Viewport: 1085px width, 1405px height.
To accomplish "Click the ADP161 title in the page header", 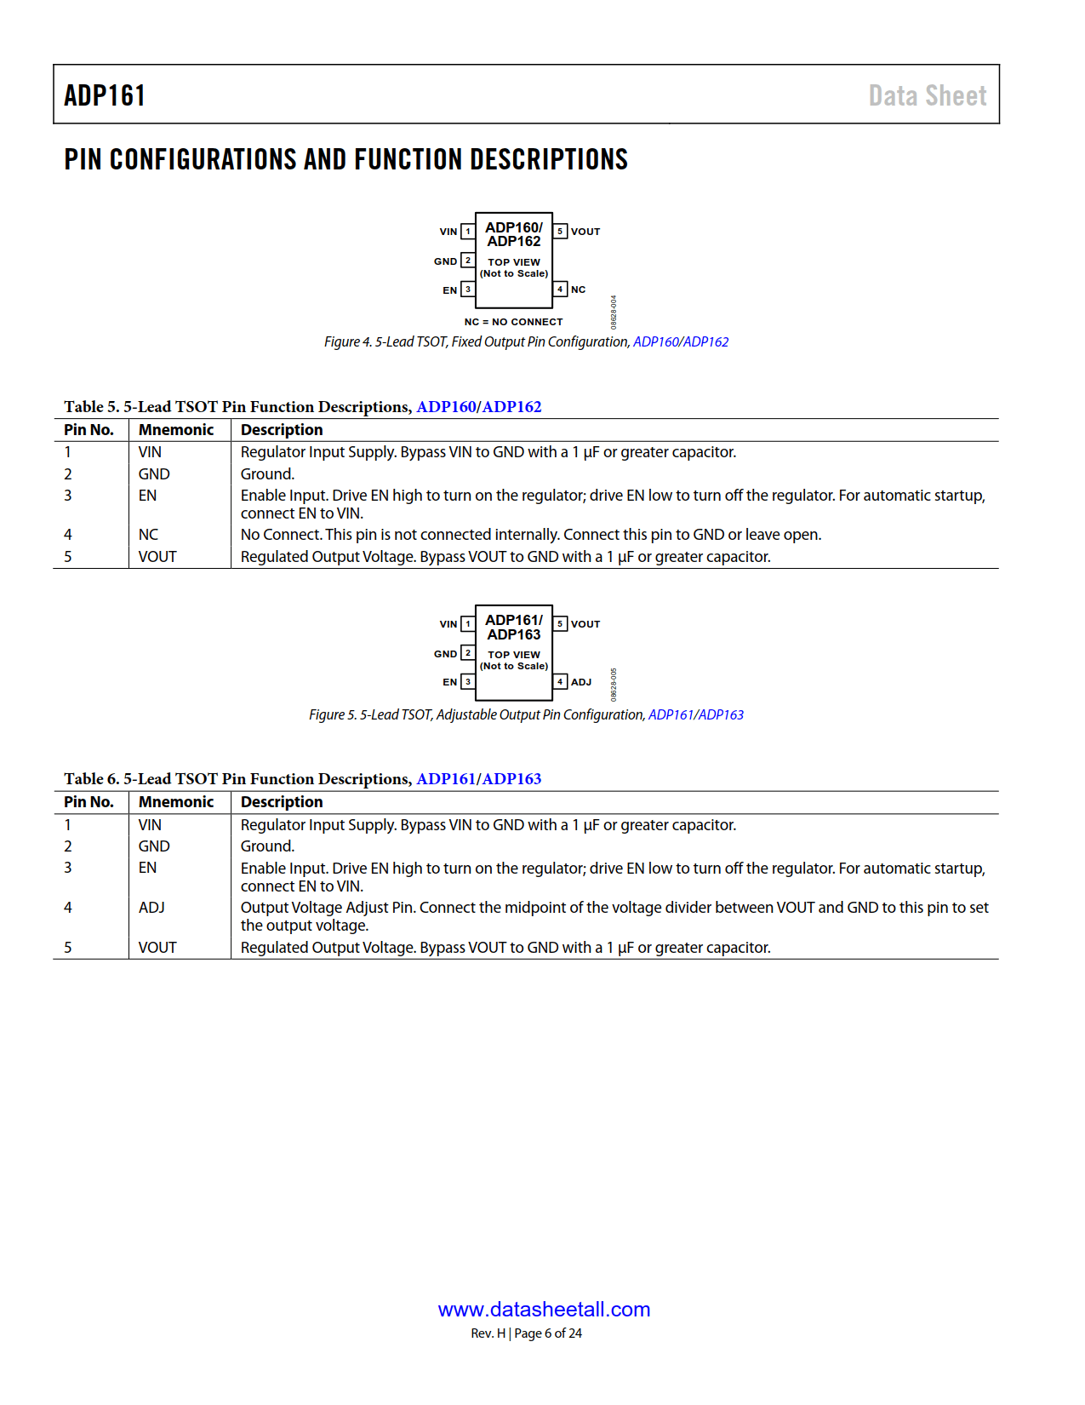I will coord(105,95).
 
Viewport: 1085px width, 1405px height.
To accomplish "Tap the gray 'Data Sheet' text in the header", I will coord(927,95).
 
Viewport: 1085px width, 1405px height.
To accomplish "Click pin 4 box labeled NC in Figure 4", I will coord(560,290).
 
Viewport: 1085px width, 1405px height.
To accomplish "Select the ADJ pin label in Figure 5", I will coord(581,682).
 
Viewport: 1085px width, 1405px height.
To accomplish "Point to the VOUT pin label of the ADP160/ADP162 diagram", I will coord(585,232).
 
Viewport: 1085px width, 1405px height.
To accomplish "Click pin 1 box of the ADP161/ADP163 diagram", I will coord(467,624).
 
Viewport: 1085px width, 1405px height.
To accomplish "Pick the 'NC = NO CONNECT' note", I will coord(513,322).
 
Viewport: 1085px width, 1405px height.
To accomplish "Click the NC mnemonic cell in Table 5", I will coord(149,535).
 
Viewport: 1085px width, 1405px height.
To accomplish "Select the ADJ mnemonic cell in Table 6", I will coord(151,908).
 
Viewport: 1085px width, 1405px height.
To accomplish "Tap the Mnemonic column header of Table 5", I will coord(176,430).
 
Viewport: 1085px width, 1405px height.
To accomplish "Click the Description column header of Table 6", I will coord(282,802).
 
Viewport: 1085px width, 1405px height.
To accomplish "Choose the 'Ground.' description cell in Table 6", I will coord(267,846).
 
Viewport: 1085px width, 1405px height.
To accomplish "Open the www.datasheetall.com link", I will coord(544,1310).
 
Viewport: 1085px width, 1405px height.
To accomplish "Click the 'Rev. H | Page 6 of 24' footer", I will coord(526,1333).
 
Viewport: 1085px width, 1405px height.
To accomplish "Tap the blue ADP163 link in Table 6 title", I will coord(511,779).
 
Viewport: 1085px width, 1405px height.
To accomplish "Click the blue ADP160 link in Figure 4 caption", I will coord(655,341).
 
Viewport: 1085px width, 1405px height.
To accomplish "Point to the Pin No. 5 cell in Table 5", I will coord(68,557).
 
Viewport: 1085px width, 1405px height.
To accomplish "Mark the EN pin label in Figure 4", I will coord(449,290).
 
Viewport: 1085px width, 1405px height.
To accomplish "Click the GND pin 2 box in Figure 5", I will coord(467,653).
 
